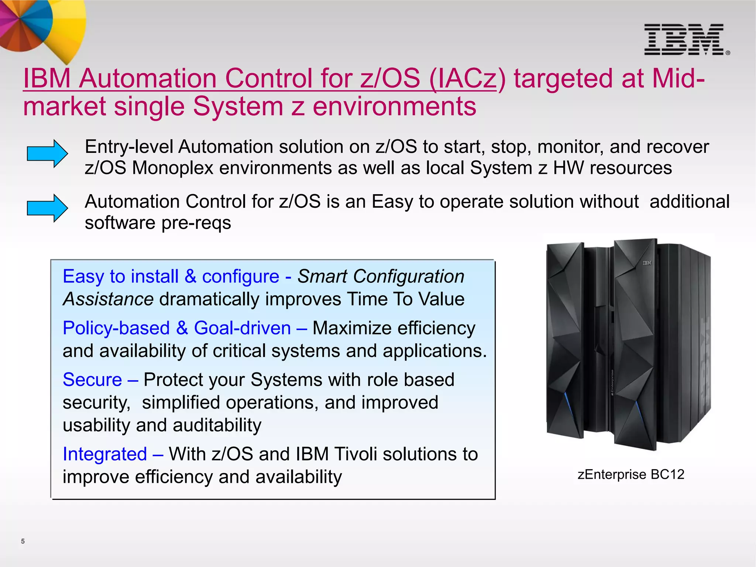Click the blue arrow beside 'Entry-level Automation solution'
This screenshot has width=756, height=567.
(x=47, y=154)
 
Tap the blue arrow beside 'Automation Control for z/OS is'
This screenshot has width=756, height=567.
(x=47, y=208)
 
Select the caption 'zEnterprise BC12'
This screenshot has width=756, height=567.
(x=631, y=474)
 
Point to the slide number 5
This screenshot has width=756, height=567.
(x=23, y=541)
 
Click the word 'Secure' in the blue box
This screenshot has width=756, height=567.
(x=92, y=379)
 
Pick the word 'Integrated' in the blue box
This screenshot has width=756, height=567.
(x=105, y=454)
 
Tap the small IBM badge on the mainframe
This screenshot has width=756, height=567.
(x=647, y=263)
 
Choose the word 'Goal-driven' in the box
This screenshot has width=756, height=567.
(x=242, y=328)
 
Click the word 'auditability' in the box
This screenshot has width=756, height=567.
(x=217, y=425)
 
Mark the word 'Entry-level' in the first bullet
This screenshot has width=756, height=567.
(x=129, y=147)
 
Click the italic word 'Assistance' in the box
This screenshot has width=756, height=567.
(x=108, y=299)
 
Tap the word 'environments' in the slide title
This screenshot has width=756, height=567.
(x=394, y=106)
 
